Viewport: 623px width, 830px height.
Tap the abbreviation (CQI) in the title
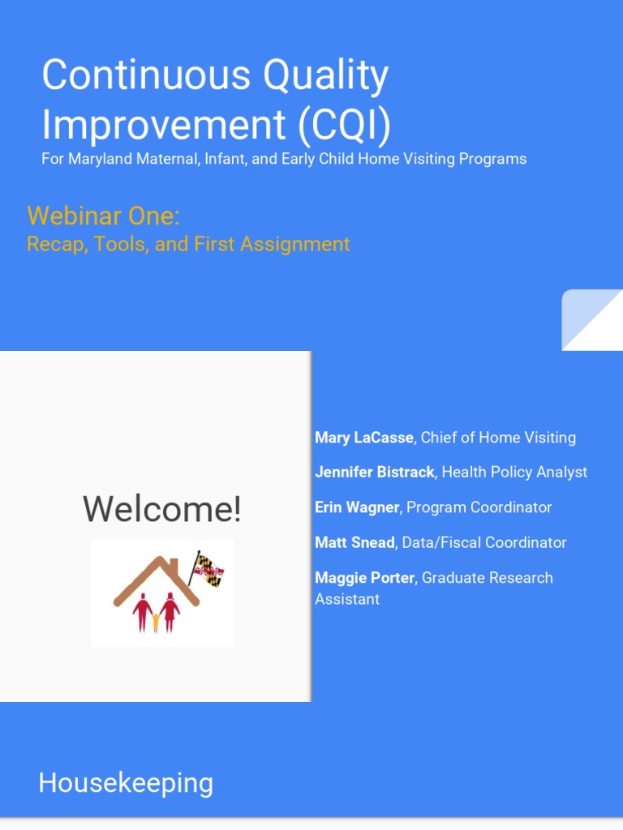coord(343,125)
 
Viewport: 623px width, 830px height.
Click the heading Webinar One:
coord(103,216)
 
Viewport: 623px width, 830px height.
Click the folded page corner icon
coord(592,319)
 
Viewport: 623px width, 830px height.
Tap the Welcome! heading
coord(162,509)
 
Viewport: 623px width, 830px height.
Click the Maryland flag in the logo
coord(208,570)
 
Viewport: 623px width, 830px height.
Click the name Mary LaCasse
coord(363,438)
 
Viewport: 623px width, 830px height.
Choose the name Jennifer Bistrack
coord(374,472)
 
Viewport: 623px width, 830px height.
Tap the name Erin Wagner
coord(357,507)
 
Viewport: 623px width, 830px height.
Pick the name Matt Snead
coord(355,542)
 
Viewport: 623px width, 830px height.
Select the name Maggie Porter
coord(364,578)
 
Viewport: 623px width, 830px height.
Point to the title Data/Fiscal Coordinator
coord(484,542)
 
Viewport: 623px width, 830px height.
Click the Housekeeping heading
coord(126,783)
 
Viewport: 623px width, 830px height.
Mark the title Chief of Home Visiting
coord(498,438)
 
